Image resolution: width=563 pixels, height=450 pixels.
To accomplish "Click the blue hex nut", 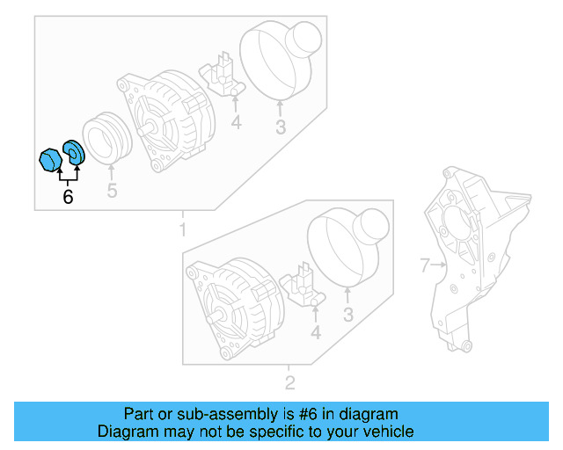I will (x=51, y=161).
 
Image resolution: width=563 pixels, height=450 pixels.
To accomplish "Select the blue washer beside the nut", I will (x=74, y=152).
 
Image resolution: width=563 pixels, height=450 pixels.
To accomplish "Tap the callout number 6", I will (x=68, y=197).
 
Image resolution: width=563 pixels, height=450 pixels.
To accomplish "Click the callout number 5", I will (x=112, y=191).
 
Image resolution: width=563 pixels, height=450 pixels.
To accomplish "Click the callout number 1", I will (x=182, y=230).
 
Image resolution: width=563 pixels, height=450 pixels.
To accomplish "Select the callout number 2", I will (x=289, y=382).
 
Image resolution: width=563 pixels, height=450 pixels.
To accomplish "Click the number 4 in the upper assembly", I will (x=236, y=123).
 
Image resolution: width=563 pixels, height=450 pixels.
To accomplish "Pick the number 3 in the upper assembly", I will (x=280, y=127).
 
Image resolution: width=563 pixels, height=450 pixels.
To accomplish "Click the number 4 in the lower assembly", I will (x=315, y=332).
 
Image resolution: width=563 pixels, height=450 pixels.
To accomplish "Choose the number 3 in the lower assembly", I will (x=347, y=315).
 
